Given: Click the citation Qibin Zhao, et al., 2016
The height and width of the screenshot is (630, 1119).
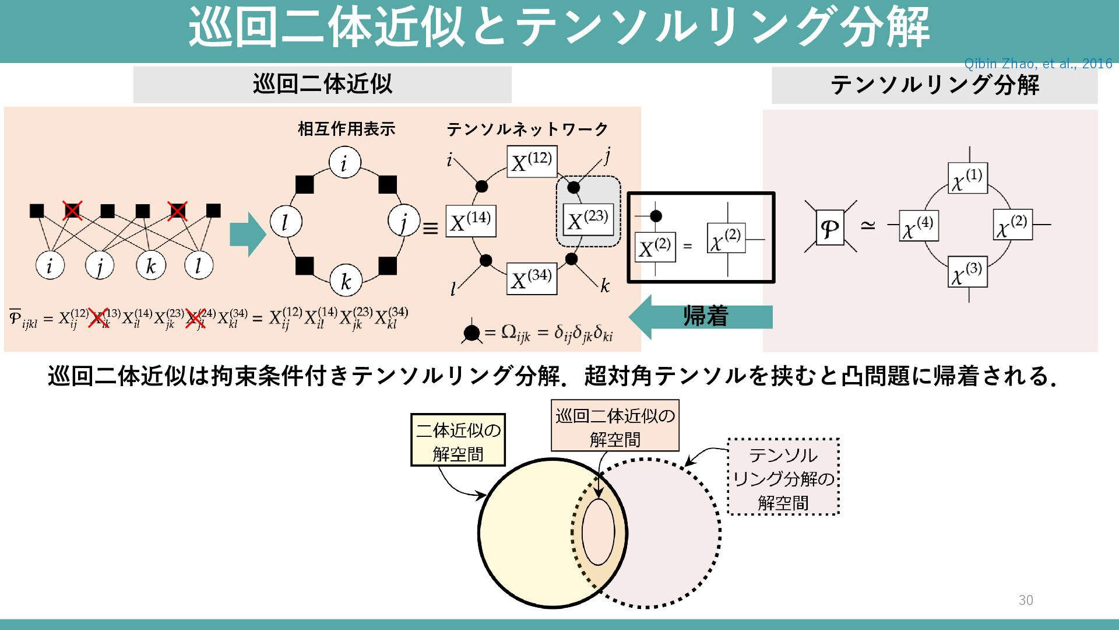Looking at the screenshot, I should pos(1038,64).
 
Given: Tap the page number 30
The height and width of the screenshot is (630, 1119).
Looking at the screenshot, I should pos(1026,600).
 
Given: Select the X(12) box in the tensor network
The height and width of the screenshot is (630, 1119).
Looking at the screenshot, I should pos(532,160).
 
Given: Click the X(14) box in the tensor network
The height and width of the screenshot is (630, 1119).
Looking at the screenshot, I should pos(471,221).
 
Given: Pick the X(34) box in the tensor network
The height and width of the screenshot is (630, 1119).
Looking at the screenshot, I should pos(532,278).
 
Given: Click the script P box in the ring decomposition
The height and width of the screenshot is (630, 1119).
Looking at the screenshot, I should pos(830,228).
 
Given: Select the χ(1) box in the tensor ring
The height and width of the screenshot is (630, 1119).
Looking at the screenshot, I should pos(967,178).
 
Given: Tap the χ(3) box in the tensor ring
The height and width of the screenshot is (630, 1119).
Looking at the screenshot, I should pos(967,272).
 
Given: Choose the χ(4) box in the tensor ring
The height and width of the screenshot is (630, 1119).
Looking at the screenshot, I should pos(919,226).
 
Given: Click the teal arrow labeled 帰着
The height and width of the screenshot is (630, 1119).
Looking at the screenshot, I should pos(702,317).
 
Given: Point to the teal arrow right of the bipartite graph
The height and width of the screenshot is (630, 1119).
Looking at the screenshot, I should pos(247,234).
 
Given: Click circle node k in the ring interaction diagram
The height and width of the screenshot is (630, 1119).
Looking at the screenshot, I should pos(346,281).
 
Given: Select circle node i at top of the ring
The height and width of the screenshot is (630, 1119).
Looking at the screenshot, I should pos(344,163).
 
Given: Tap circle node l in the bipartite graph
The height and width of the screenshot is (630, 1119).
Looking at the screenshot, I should pos(198,265).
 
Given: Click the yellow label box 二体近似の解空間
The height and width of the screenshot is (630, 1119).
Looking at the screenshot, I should pos(458,440).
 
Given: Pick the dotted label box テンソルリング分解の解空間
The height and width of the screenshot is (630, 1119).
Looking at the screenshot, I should pos(783,477).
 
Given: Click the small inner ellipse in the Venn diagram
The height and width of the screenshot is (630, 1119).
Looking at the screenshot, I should pos(599,531).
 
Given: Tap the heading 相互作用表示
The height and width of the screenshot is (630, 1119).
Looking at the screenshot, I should pos(346,129).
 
